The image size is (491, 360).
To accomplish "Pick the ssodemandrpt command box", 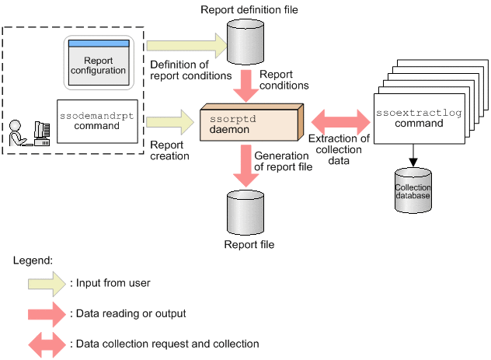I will pyautogui.click(x=96, y=121).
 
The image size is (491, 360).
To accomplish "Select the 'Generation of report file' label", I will pyautogui.click(x=284, y=161).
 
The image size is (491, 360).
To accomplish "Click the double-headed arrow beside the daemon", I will pyautogui.click(x=340, y=121).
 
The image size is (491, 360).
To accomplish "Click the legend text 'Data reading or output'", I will pyautogui.click(x=127, y=313).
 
